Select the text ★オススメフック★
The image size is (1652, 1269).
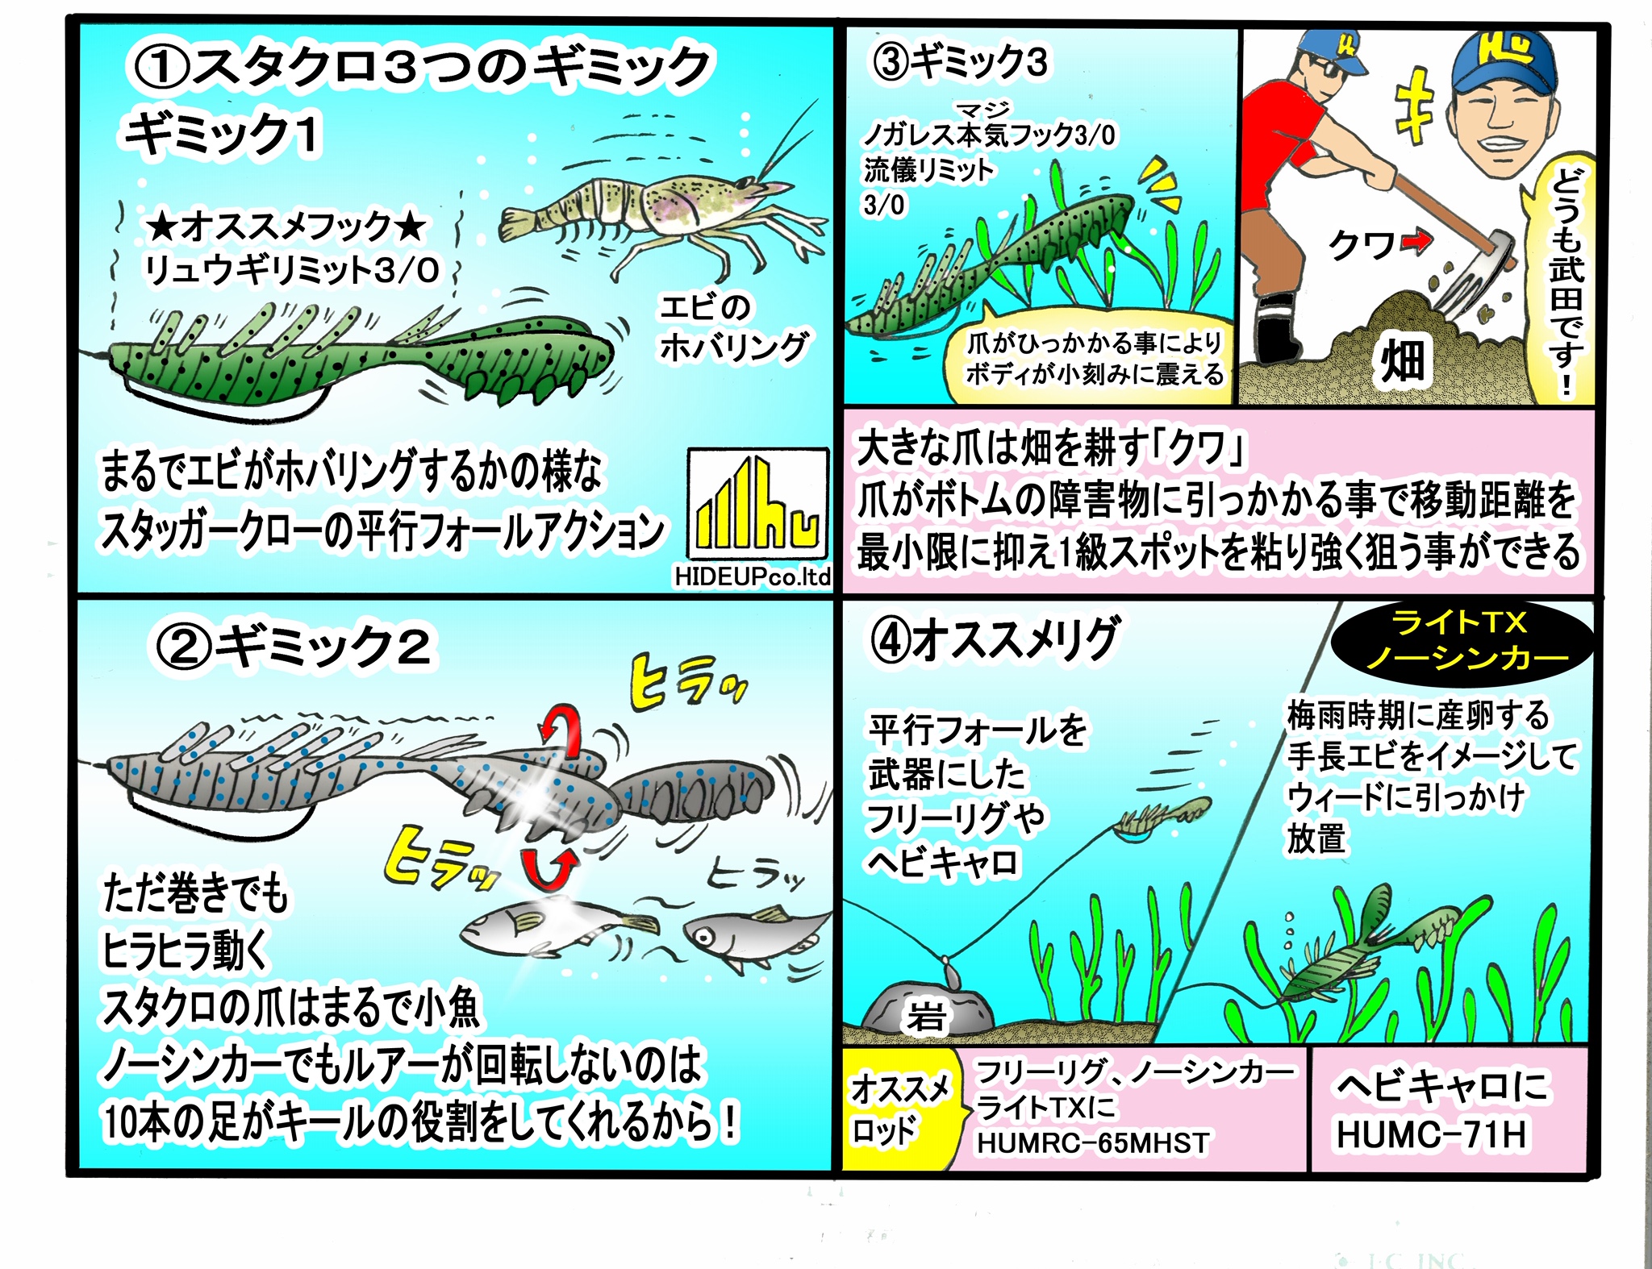point(287,227)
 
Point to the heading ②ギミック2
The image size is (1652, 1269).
point(294,647)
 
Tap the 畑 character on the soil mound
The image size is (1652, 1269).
point(1403,360)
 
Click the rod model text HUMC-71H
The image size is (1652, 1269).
point(1432,1134)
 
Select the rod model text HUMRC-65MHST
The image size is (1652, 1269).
point(1093,1142)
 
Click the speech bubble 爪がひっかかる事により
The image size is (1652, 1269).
point(1094,359)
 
